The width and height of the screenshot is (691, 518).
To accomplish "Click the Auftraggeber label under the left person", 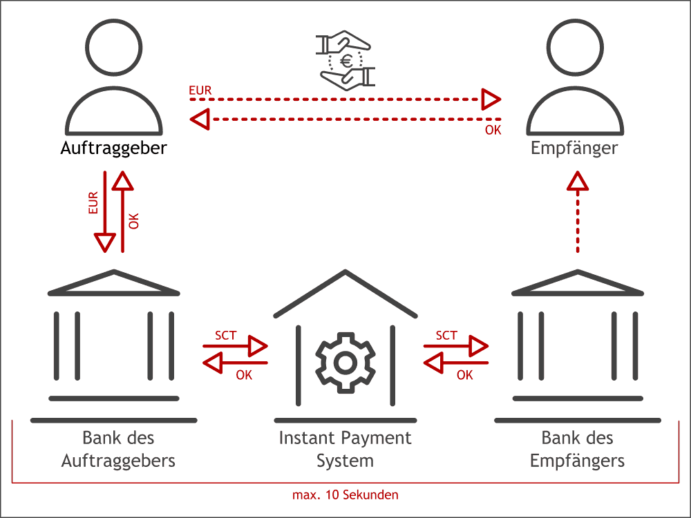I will pyautogui.click(x=114, y=148).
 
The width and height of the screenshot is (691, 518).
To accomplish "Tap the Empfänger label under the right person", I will pyautogui.click(x=574, y=148).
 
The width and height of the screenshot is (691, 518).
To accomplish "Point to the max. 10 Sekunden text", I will pyautogui.click(x=345, y=495).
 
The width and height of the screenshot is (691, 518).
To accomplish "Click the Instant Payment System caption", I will pyautogui.click(x=345, y=449).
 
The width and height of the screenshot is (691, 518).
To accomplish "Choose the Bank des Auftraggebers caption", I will pyautogui.click(x=118, y=449).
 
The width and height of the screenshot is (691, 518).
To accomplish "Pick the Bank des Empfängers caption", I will pyautogui.click(x=578, y=449).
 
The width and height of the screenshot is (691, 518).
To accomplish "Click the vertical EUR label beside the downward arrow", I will pyautogui.click(x=94, y=203).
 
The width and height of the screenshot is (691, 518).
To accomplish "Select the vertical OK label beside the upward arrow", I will pyautogui.click(x=134, y=221).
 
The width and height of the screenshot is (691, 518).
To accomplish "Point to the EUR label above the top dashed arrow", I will pyautogui.click(x=200, y=90).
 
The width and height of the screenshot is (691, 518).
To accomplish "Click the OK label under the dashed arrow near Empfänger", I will pyautogui.click(x=493, y=130).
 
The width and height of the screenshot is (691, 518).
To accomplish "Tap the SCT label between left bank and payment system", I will pyautogui.click(x=225, y=335).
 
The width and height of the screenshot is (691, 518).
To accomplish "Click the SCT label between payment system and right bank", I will pyautogui.click(x=446, y=335).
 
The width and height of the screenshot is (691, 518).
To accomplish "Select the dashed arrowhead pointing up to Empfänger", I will pyautogui.click(x=578, y=181).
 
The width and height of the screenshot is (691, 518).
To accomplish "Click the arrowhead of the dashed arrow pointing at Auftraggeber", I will pyautogui.click(x=200, y=120).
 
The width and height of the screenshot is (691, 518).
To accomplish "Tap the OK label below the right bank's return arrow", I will pyautogui.click(x=465, y=375).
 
